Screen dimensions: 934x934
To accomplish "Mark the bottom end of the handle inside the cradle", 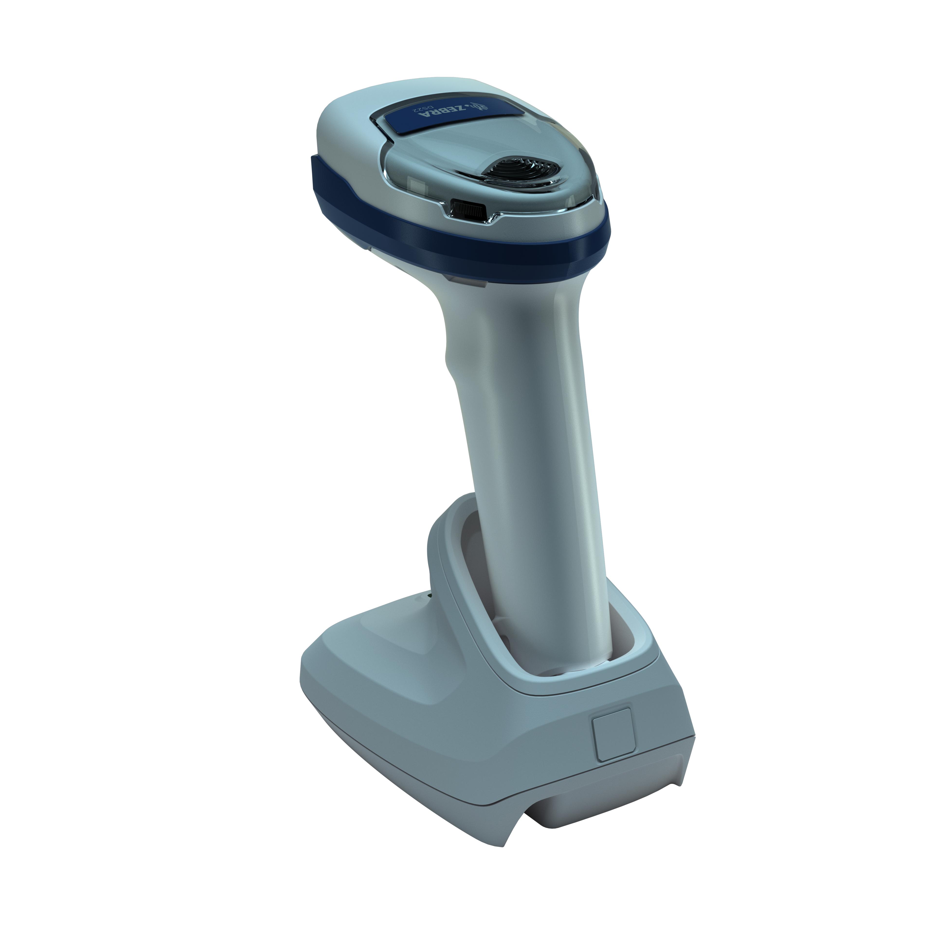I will coord(556,662).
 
